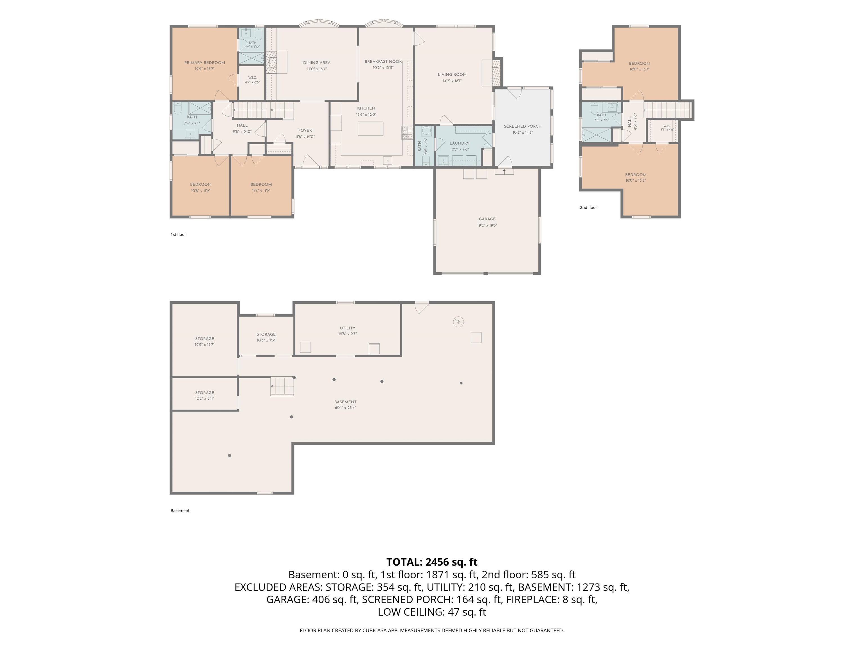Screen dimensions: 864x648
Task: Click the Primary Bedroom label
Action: click(205, 62)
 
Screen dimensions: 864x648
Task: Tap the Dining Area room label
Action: click(317, 62)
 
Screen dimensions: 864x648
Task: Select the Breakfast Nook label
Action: click(383, 61)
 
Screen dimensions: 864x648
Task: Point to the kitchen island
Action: click(370, 129)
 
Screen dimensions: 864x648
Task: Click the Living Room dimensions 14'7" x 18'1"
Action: click(452, 81)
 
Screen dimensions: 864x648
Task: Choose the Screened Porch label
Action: click(523, 126)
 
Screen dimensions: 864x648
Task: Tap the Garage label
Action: click(487, 219)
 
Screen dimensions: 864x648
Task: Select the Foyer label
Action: click(305, 130)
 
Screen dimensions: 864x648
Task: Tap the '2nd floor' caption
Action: click(588, 207)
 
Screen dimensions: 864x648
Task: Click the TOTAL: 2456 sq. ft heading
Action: click(432, 562)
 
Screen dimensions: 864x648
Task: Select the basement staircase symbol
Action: click(282, 386)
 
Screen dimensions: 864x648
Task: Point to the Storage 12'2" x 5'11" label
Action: click(205, 395)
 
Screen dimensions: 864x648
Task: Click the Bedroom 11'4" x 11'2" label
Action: click(261, 188)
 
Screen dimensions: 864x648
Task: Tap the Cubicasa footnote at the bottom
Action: click(432, 631)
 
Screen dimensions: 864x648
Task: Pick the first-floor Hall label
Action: click(242, 125)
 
